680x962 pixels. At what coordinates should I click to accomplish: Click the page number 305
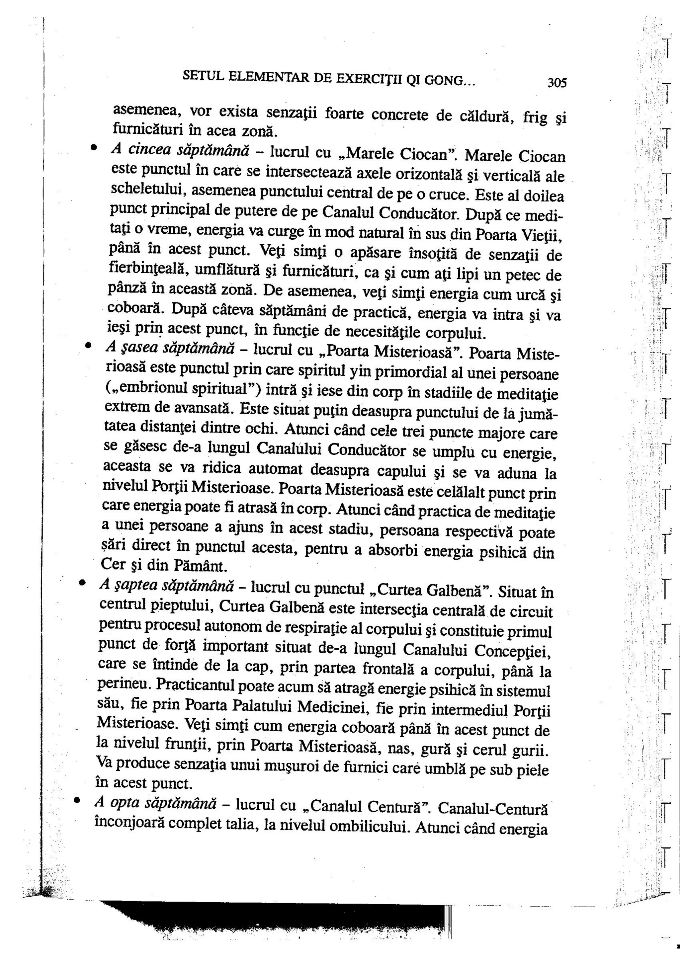(557, 83)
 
